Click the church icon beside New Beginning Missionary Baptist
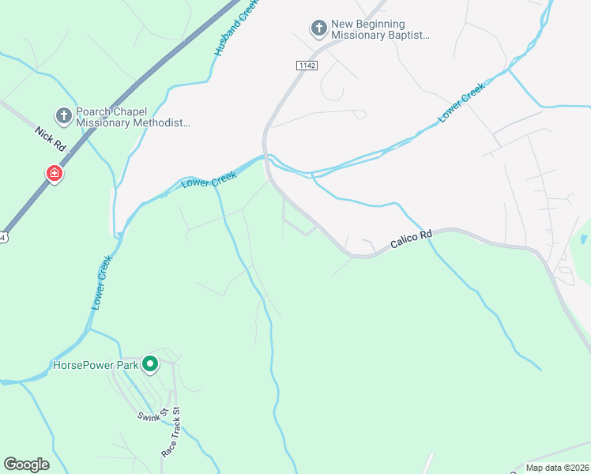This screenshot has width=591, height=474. click(318, 29)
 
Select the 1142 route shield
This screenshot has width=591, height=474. click(307, 65)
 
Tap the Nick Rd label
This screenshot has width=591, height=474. click(49, 136)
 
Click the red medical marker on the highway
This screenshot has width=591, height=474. click(54, 173)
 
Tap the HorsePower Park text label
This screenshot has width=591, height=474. click(95, 365)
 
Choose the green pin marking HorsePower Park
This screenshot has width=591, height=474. click(150, 364)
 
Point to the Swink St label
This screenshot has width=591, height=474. click(152, 416)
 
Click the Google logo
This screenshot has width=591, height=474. click(27, 465)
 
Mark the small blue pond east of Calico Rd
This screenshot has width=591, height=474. click(583, 239)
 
